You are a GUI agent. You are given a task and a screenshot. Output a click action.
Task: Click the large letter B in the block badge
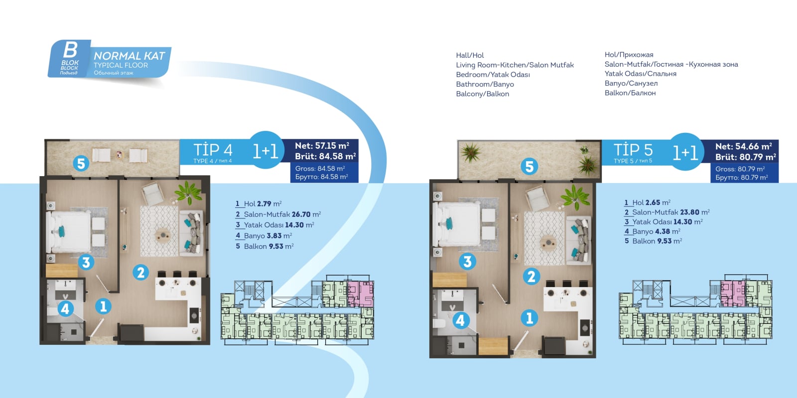pyautogui.click(x=70, y=50)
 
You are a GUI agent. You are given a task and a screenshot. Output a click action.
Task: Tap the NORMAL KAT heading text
pyautogui.click(x=129, y=56)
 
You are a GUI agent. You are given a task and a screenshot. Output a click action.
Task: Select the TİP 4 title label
pyautogui.click(x=213, y=150)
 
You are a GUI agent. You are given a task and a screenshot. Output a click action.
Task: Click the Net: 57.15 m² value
pyautogui.click(x=322, y=145)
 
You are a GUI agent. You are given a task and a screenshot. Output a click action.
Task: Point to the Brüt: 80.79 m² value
pyautogui.click(x=746, y=157)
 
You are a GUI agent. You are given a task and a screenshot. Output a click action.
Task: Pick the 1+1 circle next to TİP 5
pyautogui.click(x=685, y=152)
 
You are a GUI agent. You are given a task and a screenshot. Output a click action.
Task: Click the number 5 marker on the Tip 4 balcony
pyautogui.click(x=81, y=164)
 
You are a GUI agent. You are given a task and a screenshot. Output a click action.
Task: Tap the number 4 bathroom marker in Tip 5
pyautogui.click(x=460, y=320)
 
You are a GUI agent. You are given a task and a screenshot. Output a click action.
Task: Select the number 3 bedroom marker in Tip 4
pyautogui.click(x=86, y=263)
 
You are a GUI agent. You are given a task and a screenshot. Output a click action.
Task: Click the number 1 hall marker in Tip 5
pyautogui.click(x=530, y=318)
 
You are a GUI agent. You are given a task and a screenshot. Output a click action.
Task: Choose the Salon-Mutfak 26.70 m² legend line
pyautogui.click(x=278, y=214)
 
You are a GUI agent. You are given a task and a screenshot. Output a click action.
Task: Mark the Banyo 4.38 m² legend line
pyautogui.click(x=653, y=231)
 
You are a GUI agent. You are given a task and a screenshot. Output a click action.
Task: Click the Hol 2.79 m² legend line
pyautogui.click(x=259, y=203)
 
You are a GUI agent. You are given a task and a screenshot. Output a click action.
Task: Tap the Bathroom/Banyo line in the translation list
pyautogui.click(x=485, y=84)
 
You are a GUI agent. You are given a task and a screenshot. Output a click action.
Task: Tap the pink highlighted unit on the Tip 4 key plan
pyautogui.click(x=361, y=294)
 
